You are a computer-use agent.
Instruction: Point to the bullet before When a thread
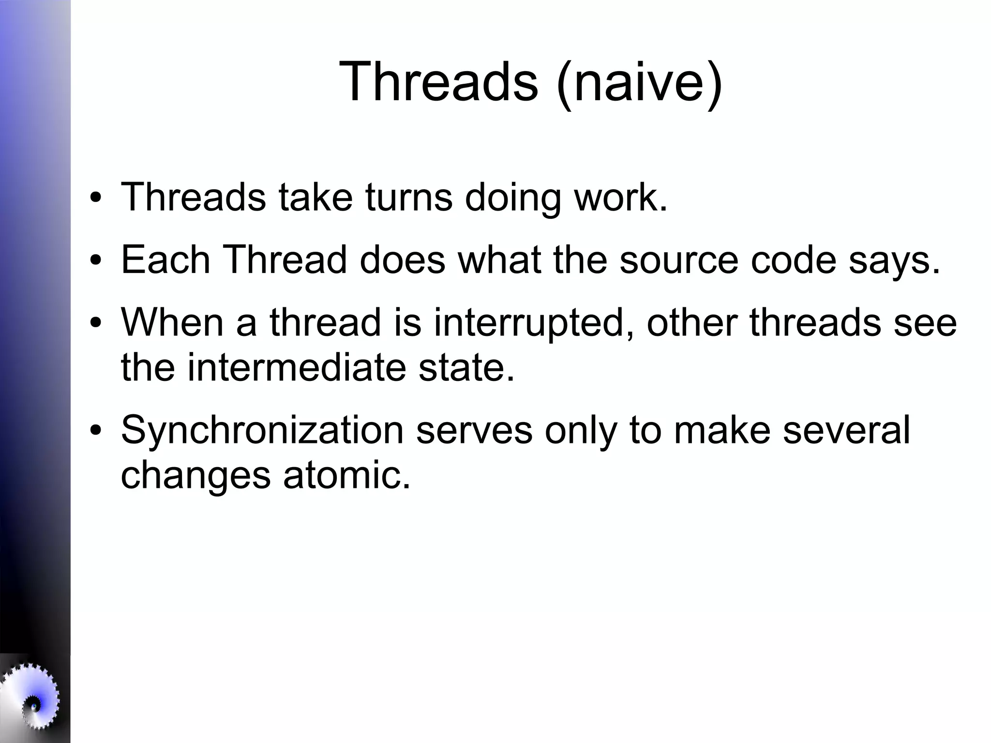point(96,323)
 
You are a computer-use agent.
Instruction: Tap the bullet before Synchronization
point(96,430)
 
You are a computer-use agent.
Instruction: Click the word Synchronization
point(262,430)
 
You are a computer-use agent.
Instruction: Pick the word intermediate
point(297,367)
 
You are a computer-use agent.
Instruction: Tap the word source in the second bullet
point(678,260)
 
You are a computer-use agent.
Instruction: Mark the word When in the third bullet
point(172,323)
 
